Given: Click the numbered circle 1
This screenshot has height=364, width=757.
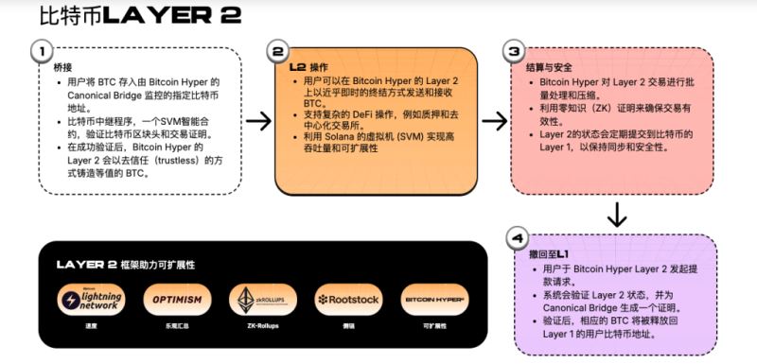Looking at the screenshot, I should click(41, 51).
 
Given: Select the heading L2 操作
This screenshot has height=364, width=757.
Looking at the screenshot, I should click(308, 68).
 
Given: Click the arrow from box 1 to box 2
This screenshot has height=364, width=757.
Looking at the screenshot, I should click(258, 120).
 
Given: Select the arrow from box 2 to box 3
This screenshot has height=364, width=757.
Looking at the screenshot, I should click(494, 120).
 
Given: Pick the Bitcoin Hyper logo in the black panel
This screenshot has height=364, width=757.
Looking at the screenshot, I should click(433, 300).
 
